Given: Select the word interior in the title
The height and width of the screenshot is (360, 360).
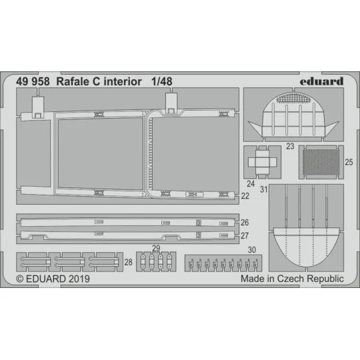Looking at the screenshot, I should tap(129, 81).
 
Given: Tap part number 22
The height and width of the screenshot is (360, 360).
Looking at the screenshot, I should tap(245, 196).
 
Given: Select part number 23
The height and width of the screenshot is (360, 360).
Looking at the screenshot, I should tap(289, 145).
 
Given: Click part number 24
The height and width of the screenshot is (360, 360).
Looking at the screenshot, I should tap(251, 183).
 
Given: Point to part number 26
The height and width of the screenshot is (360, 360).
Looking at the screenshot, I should tap(245, 222).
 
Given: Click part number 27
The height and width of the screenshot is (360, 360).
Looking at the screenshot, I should tap(245, 235).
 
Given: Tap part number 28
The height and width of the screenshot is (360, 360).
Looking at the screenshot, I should tap(128, 263).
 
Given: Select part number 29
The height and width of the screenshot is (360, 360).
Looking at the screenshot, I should tap(155, 248).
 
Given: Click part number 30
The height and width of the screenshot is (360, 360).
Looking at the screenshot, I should tap(251, 250).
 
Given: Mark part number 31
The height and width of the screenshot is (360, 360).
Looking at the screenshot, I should tap(264, 188).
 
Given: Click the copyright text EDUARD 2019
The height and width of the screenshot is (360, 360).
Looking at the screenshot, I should tap(53, 279).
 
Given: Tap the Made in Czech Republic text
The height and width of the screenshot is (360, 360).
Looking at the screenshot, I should tap(292, 279).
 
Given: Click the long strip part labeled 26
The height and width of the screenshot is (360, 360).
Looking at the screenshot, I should tap(127, 222).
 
